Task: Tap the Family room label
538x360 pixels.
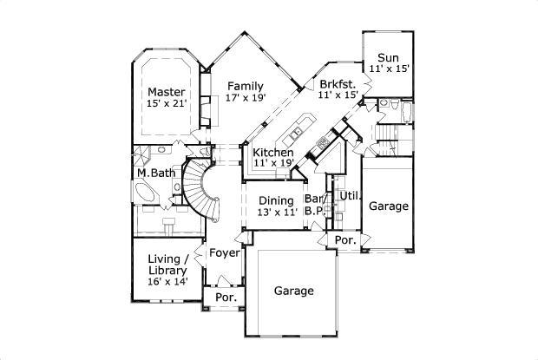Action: click(246, 85)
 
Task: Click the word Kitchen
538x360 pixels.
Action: click(272, 153)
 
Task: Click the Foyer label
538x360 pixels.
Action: click(225, 253)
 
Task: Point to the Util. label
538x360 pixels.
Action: click(349, 196)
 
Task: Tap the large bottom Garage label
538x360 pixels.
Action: click(294, 291)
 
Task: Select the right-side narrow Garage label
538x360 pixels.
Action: click(388, 206)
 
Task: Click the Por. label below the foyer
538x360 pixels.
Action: click(225, 298)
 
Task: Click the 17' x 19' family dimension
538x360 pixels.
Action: click(246, 97)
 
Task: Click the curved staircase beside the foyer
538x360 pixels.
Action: click(208, 191)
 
